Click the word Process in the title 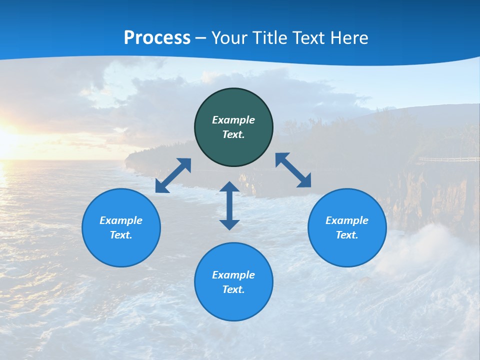(x=157, y=37)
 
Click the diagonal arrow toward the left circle (x=173, y=175)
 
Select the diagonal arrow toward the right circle (x=293, y=170)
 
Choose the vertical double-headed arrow (x=229, y=205)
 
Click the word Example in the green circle (x=233, y=120)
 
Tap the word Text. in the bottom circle (x=233, y=289)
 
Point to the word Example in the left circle (x=121, y=220)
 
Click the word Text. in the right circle (x=347, y=235)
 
